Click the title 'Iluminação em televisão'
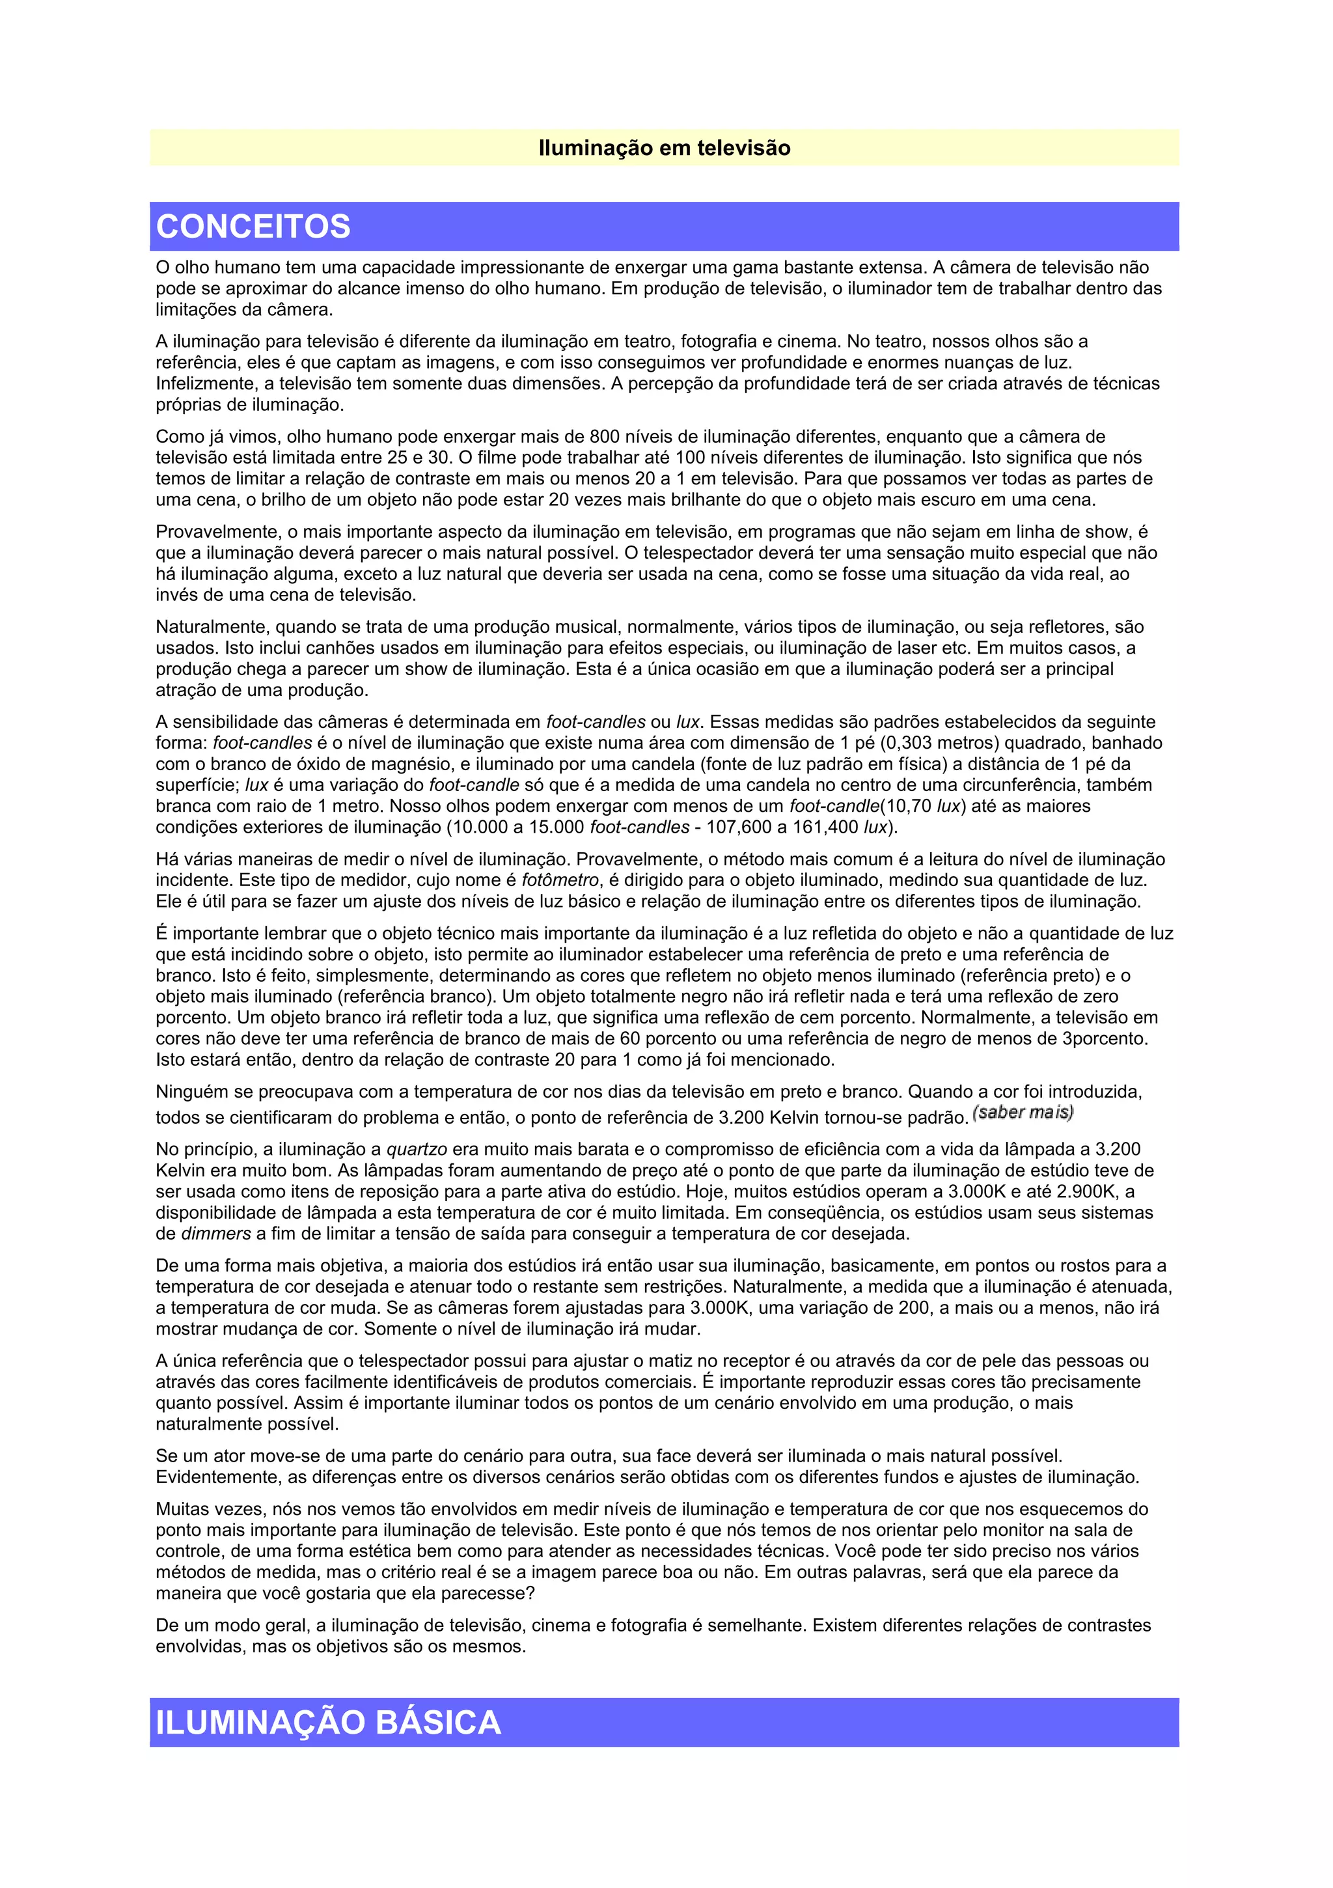(664, 148)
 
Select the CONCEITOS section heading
(253, 226)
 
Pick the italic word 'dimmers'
(215, 1234)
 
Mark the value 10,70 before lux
(909, 806)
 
